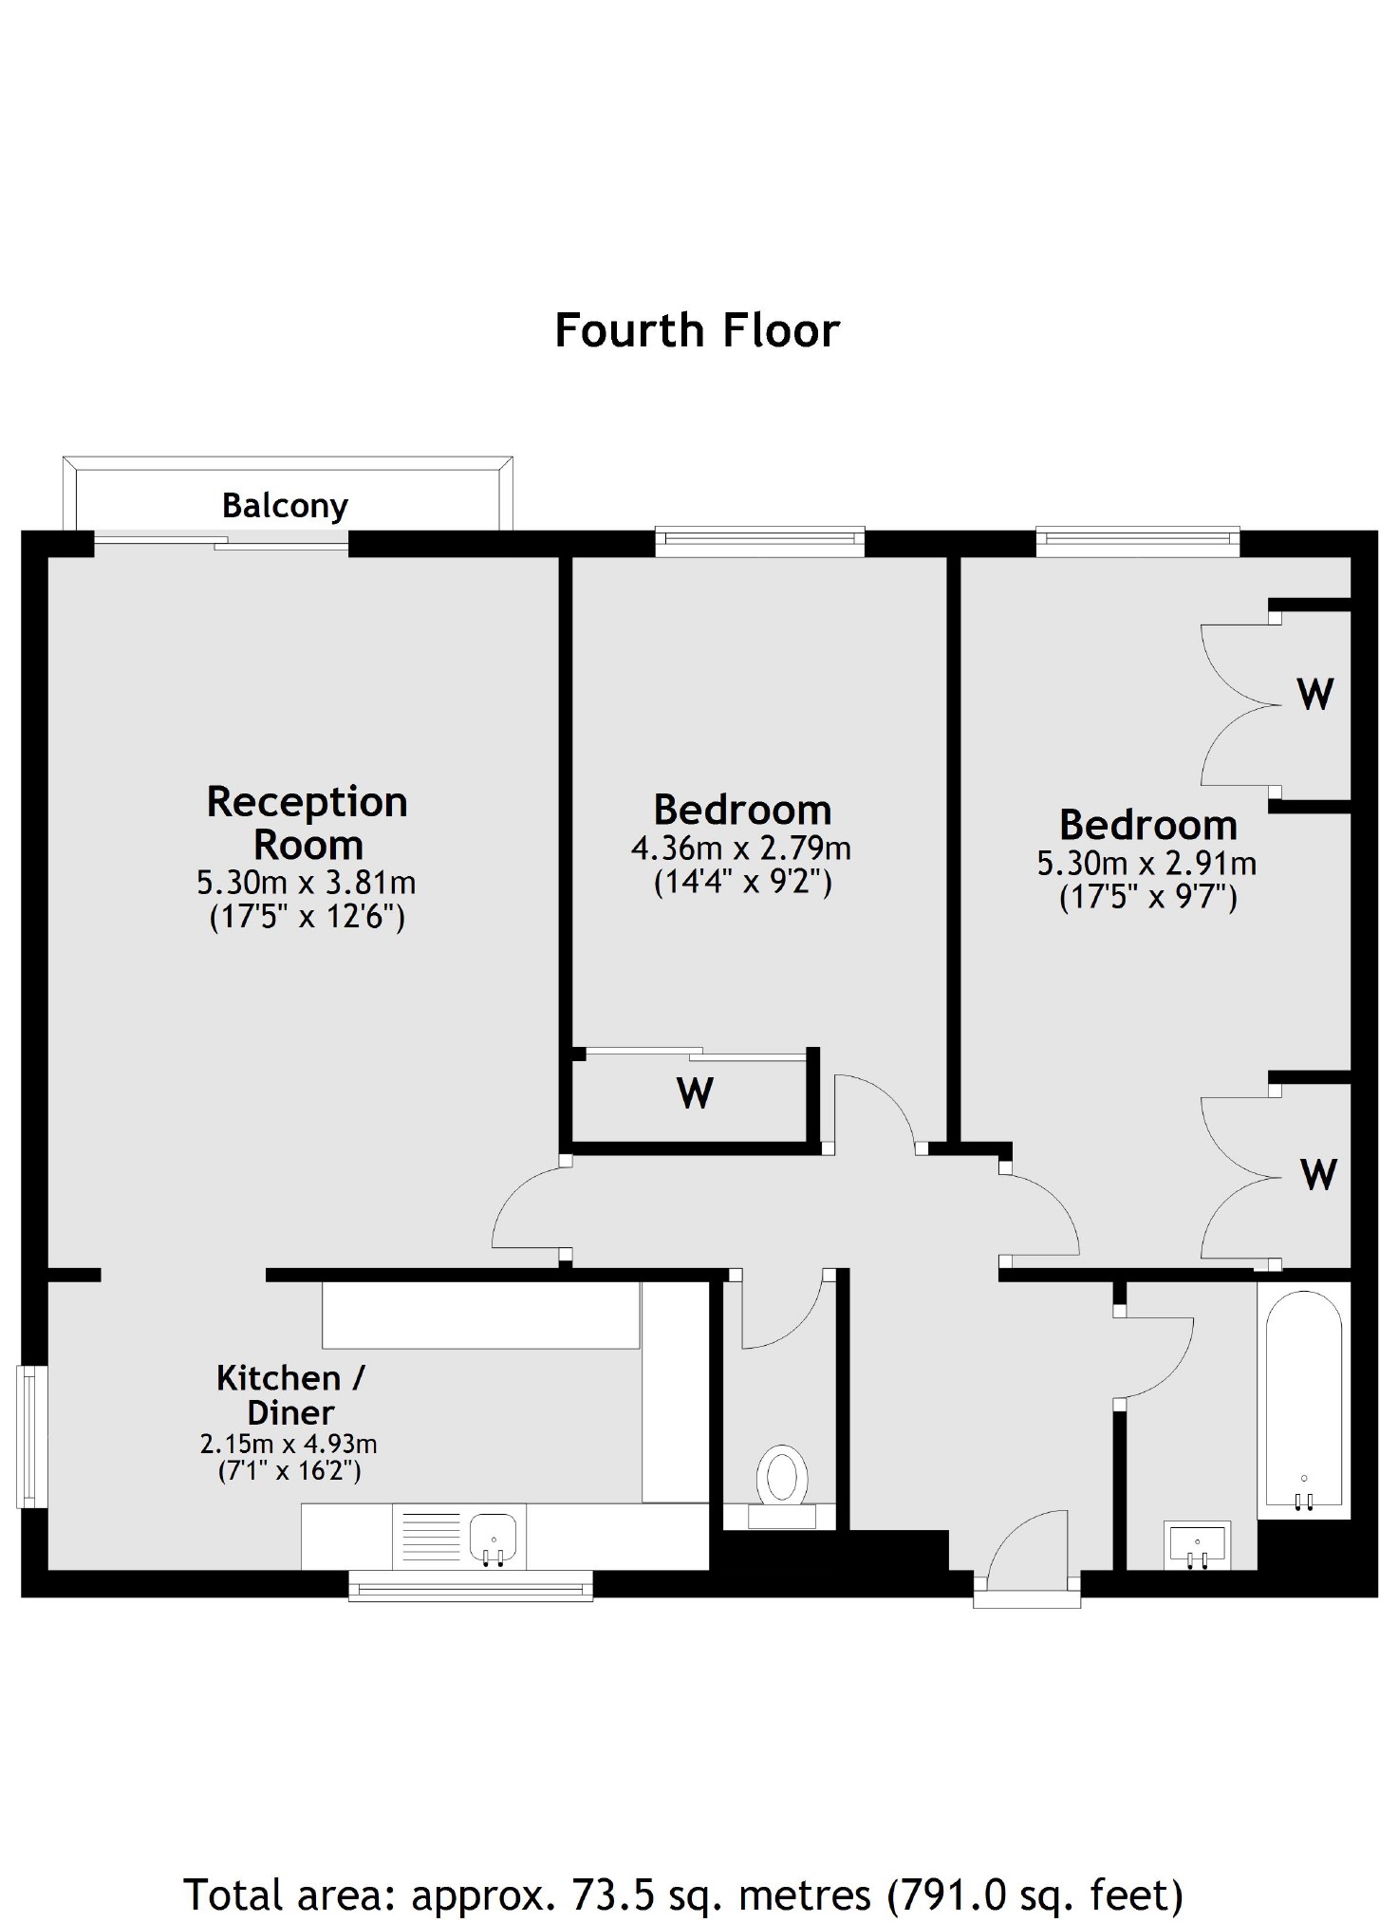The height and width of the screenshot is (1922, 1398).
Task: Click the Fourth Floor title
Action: pyautogui.click(x=697, y=330)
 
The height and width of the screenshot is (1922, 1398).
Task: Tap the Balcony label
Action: pyautogui.click(x=285, y=506)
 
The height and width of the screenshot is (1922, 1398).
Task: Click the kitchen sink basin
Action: pyautogui.click(x=494, y=1537)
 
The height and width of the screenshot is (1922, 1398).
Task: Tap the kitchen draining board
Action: pyautogui.click(x=431, y=1537)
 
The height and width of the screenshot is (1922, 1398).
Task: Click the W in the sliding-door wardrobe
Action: pyautogui.click(x=695, y=1093)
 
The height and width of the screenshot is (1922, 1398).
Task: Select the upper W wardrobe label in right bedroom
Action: pyautogui.click(x=1314, y=695)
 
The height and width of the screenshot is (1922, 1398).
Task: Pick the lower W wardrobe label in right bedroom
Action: pyautogui.click(x=1318, y=1175)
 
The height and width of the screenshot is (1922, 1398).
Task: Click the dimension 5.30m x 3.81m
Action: pyautogui.click(x=306, y=883)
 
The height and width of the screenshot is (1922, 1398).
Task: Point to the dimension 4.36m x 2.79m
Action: pyautogui.click(x=741, y=848)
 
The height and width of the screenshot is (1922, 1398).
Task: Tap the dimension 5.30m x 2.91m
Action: pyautogui.click(x=1146, y=864)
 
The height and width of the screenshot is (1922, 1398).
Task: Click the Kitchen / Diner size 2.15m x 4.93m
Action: pyautogui.click(x=289, y=1445)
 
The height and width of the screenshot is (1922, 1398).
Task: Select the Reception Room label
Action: pyautogui.click(x=308, y=823)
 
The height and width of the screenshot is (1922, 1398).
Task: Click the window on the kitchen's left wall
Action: pyautogui.click(x=32, y=1436)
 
